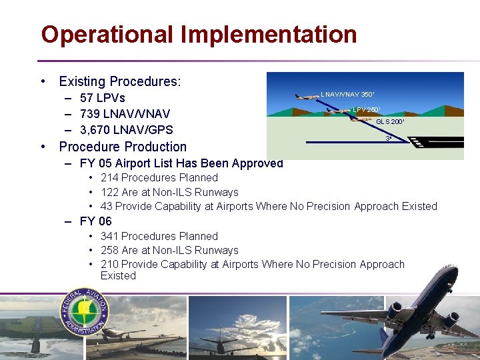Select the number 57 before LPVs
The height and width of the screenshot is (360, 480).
[87, 99]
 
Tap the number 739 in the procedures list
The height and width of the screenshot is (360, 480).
[90, 114]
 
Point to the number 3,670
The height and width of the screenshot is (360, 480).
[97, 130]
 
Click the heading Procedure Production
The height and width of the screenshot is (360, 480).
[123, 147]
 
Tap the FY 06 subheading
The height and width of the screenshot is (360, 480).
[96, 221]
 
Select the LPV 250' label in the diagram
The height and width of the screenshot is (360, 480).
[367, 109]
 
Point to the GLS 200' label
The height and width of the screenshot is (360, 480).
[390, 122]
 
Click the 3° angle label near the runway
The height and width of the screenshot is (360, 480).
[388, 139]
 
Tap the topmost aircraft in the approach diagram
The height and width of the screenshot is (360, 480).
[307, 97]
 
